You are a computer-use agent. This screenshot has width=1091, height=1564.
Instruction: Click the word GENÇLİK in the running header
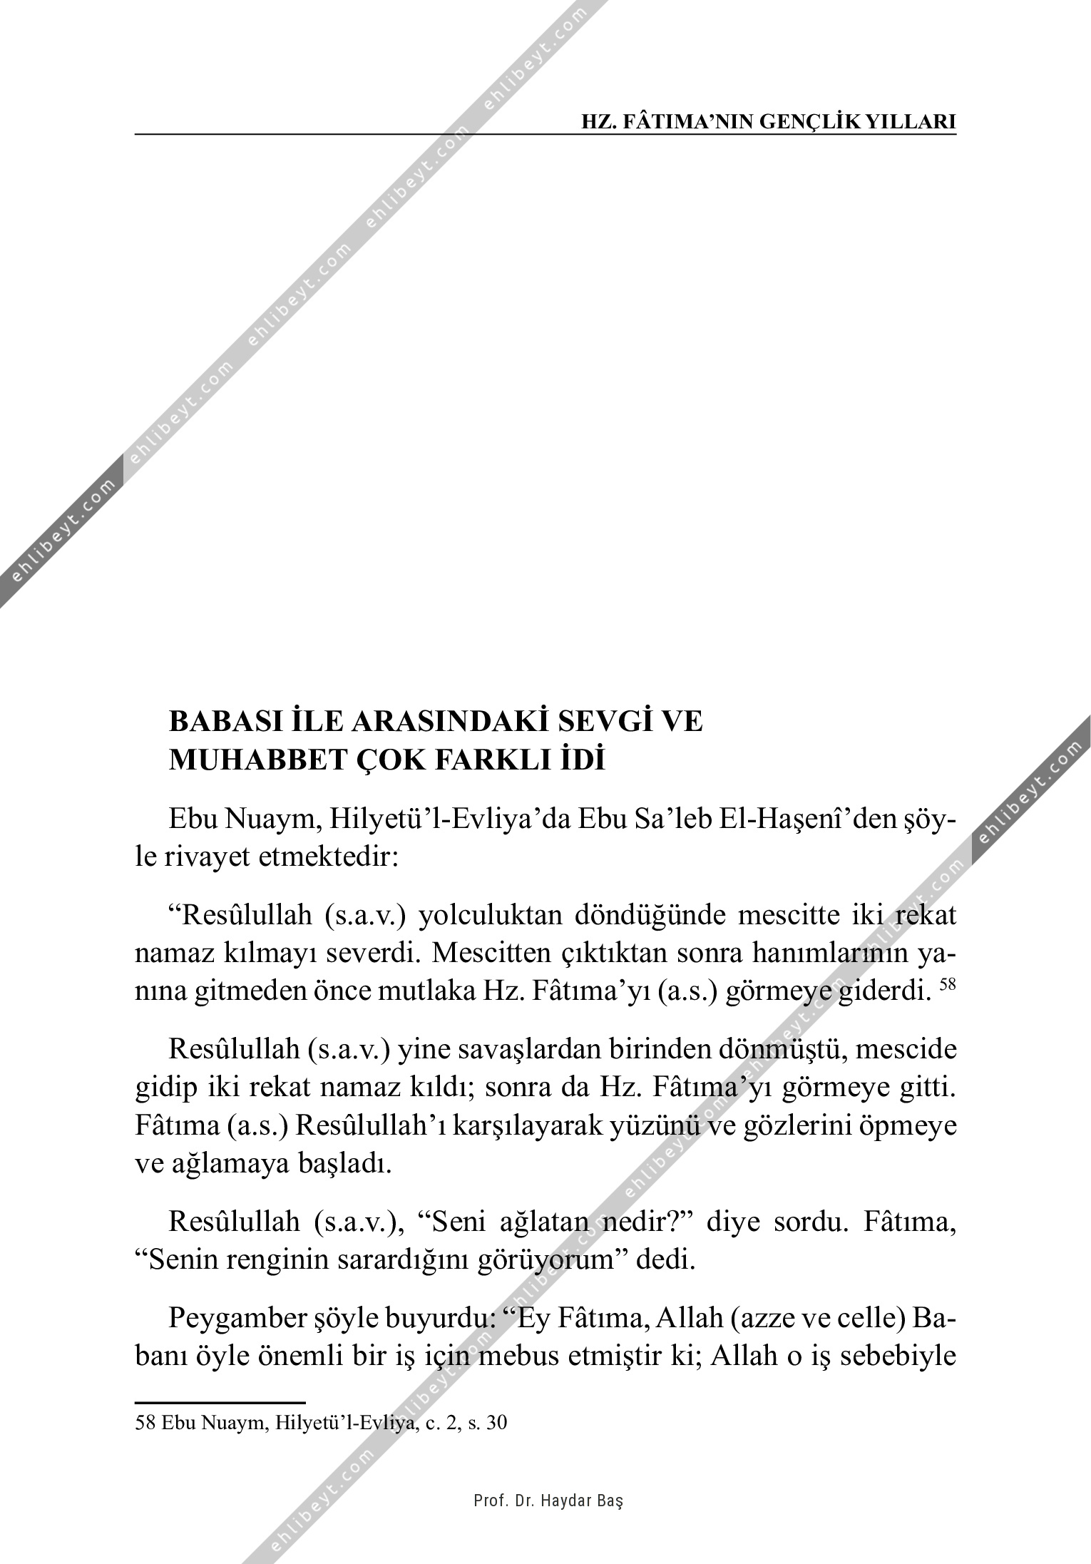pos(809,121)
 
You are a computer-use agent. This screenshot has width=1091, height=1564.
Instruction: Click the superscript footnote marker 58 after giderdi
pos(947,984)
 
